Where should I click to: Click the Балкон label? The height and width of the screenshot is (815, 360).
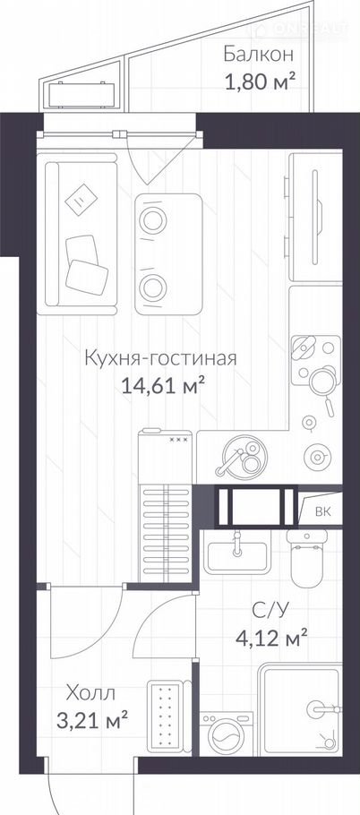[x=259, y=54]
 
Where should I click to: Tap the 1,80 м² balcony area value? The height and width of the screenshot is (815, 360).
[x=261, y=82]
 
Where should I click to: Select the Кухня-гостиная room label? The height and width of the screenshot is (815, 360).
[x=160, y=358]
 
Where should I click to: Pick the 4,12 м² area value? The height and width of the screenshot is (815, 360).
[x=272, y=637]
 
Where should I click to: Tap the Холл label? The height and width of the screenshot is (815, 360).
[x=90, y=692]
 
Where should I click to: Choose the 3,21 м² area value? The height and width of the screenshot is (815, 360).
[x=92, y=721]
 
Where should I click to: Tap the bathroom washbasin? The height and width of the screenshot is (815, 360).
[x=237, y=554]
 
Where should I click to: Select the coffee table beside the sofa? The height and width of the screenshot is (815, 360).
[x=169, y=253]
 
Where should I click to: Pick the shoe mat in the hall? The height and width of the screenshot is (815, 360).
[x=167, y=716]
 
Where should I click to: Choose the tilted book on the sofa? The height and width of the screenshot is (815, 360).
[x=81, y=199]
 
